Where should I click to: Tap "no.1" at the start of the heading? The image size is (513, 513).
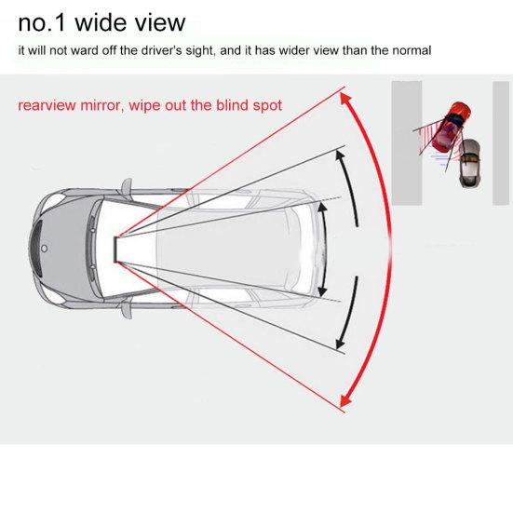pyautogui.click(x=44, y=21)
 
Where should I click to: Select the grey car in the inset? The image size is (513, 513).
pyautogui.click(x=470, y=162)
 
